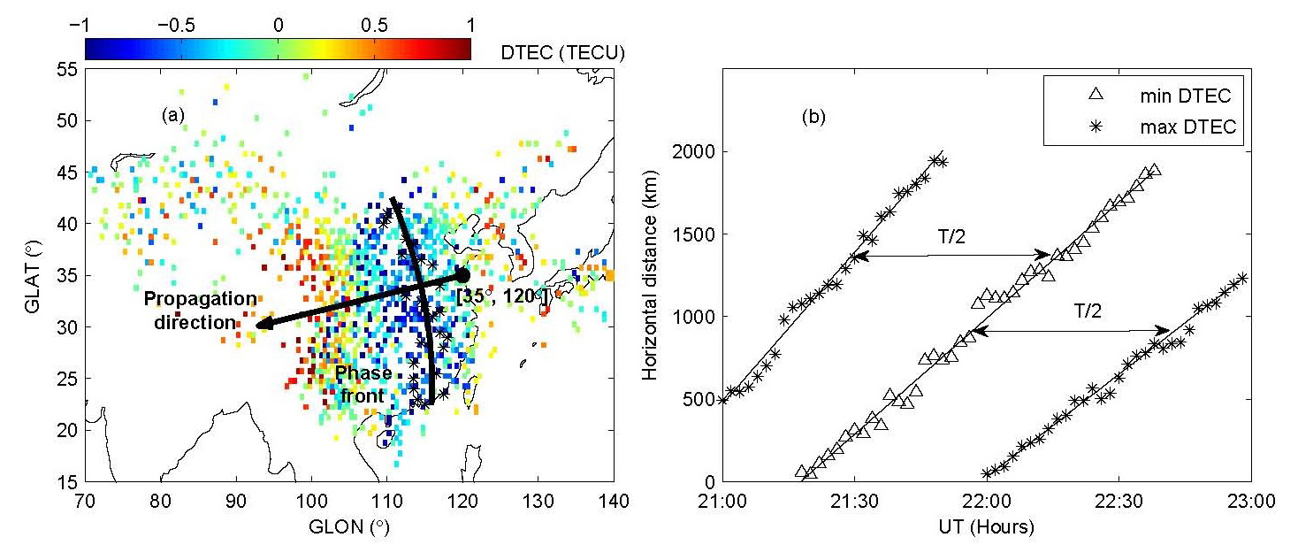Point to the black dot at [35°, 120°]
(x=462, y=275)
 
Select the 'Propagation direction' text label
(x=202, y=311)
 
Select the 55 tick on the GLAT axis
(x=67, y=69)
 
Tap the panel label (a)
(x=172, y=115)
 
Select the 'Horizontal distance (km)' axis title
(x=652, y=274)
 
